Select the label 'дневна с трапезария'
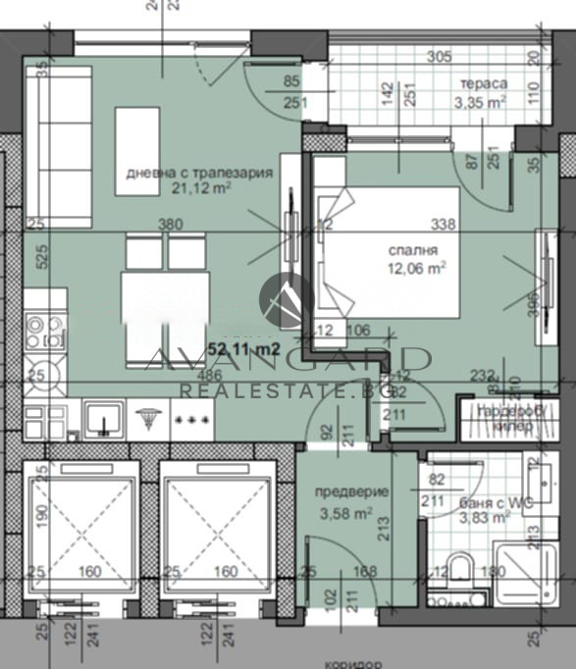point(198,173)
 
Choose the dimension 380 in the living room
point(171,224)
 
